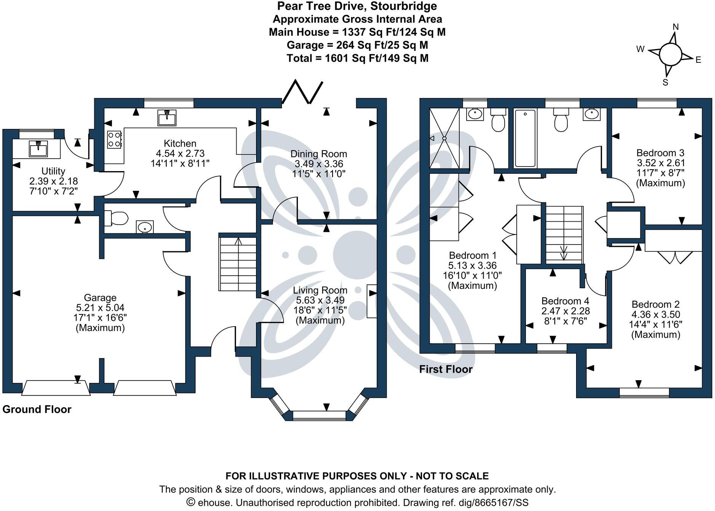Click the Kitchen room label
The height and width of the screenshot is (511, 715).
click(x=180, y=143)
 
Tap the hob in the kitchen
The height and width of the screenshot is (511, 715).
click(x=114, y=139)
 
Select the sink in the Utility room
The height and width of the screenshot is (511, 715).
click(x=38, y=148)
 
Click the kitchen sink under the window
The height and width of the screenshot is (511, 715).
click(x=167, y=117)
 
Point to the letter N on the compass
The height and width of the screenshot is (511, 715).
click(x=676, y=27)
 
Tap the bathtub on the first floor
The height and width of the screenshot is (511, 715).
click(x=525, y=138)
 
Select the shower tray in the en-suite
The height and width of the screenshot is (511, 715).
click(x=444, y=138)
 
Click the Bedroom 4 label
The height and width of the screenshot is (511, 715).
click(x=565, y=301)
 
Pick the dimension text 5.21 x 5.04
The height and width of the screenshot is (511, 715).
click(x=100, y=308)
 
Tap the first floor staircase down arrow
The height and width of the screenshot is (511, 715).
click(x=564, y=252)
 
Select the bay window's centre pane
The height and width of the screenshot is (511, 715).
click(x=319, y=415)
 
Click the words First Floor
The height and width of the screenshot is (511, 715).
click(x=446, y=369)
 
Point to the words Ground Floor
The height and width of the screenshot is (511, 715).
click(x=37, y=409)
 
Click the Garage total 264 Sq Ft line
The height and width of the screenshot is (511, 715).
click(x=357, y=45)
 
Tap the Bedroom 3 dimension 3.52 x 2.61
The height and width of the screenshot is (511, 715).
click(x=660, y=163)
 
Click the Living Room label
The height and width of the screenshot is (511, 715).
click(x=320, y=290)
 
